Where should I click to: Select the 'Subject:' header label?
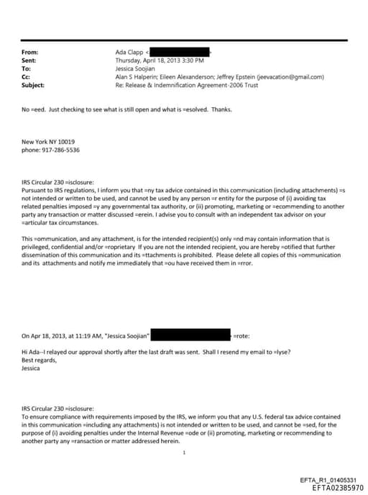(33, 85)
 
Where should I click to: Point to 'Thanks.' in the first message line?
(221, 109)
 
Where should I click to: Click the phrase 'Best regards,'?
(38, 360)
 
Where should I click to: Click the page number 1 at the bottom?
(185, 452)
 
